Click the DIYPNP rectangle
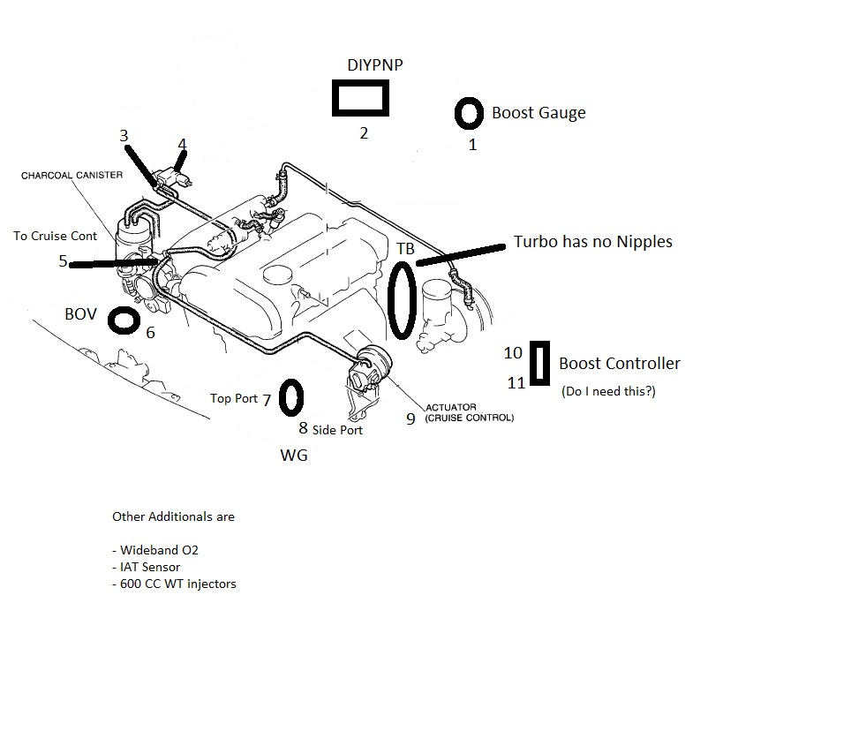click(361, 98)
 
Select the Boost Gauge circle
click(469, 113)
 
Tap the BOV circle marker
click(124, 320)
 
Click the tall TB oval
click(402, 300)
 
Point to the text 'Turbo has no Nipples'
click(592, 241)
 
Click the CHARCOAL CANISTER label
click(72, 175)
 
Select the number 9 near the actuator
click(410, 418)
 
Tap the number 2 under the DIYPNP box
click(363, 133)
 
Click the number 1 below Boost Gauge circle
click(472, 145)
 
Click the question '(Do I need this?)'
click(608, 390)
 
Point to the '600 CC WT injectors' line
click(174, 584)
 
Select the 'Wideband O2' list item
click(155, 550)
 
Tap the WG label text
click(294, 456)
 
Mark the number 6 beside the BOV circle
click(151, 333)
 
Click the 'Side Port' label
click(337, 430)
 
